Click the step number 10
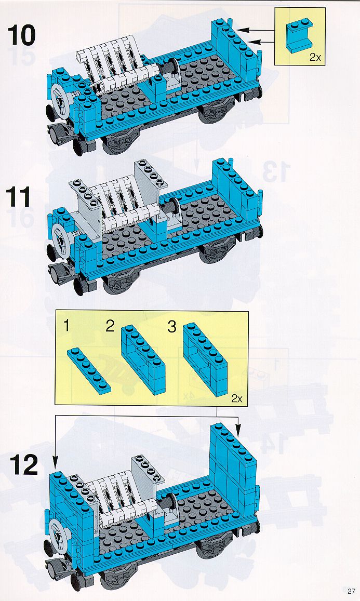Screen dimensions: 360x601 click(21, 35)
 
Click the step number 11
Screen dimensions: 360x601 click(18, 197)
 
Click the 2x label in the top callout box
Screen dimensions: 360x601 click(315, 58)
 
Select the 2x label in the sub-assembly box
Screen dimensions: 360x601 click(237, 398)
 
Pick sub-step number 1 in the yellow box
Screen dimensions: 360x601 click(66, 326)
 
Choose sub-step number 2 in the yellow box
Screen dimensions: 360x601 click(110, 326)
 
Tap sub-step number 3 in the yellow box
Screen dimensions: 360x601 click(172, 327)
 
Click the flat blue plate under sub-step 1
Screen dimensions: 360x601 click(89, 370)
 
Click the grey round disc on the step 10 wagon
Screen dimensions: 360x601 click(60, 99)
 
